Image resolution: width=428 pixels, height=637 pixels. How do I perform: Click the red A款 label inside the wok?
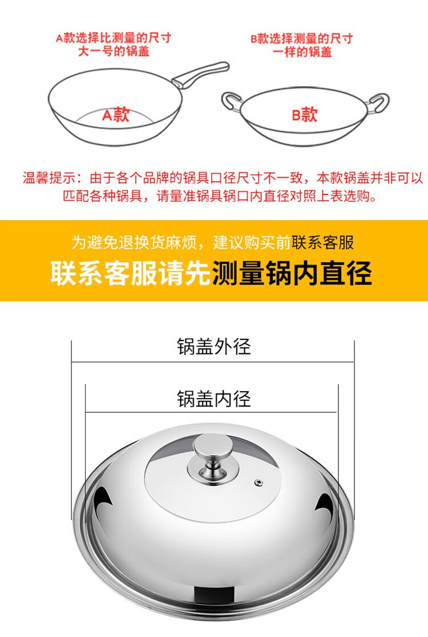coord(116,115)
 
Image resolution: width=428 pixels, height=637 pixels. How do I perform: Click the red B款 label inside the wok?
coord(304,115)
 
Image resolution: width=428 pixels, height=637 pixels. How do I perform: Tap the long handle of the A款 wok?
coord(203,73)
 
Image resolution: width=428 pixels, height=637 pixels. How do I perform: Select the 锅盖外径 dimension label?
coord(213,346)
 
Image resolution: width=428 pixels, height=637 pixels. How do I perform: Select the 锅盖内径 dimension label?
coord(213,399)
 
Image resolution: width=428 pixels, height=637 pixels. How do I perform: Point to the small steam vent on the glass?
coord(258,482)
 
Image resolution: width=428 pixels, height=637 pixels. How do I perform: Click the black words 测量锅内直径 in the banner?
coord(292,273)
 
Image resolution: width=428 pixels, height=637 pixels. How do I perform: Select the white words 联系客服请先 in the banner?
coord(130,273)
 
